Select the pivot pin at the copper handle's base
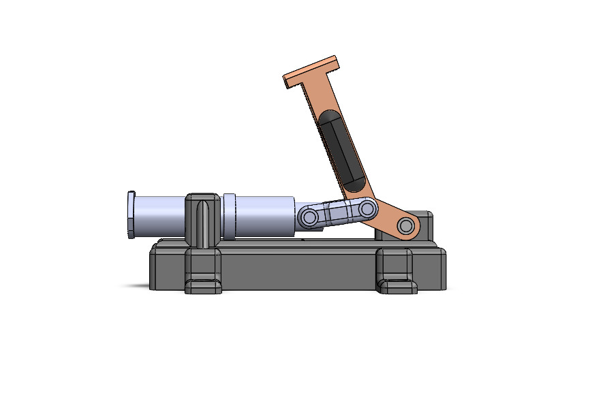pyautogui.click(x=407, y=225)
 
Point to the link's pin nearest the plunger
pyautogui.click(x=309, y=218)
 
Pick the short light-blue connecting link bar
pyautogui.click(x=338, y=212)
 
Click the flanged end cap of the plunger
pyautogui.click(x=131, y=215)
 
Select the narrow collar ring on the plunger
pyautogui.click(x=229, y=216)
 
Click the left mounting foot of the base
pyautogui.click(x=203, y=272)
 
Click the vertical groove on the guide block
pyautogui.click(x=202, y=221)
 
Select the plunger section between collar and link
pyautogui.click(x=266, y=217)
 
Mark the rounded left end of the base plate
pyautogui.click(x=155, y=269)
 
